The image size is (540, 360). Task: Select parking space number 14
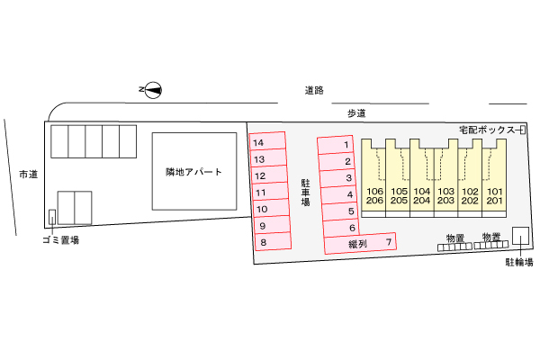[x=267, y=141]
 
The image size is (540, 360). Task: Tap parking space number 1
[x=335, y=145]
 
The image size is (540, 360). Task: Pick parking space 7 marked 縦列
[x=360, y=244]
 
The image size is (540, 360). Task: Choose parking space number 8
[x=273, y=241]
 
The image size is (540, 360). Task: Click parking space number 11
[x=270, y=191]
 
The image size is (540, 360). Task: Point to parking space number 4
[x=339, y=194]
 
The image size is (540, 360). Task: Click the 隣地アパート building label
[x=193, y=172]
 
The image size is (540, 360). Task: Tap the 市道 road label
[x=28, y=175]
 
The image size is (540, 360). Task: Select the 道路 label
[x=314, y=90]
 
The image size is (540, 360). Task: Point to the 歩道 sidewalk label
[x=356, y=113]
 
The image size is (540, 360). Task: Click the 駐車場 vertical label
[x=305, y=193]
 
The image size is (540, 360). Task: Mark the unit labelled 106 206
[x=373, y=178]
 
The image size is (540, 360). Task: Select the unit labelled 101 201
[x=494, y=178]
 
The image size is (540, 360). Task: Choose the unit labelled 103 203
[x=446, y=178]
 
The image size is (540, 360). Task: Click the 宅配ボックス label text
[x=487, y=130]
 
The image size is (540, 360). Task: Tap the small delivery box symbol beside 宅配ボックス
[x=522, y=130]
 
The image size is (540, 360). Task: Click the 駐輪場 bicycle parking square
[x=521, y=236]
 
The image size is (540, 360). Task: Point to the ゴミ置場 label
[x=60, y=239]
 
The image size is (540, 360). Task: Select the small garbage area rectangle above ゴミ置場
[x=52, y=217]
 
